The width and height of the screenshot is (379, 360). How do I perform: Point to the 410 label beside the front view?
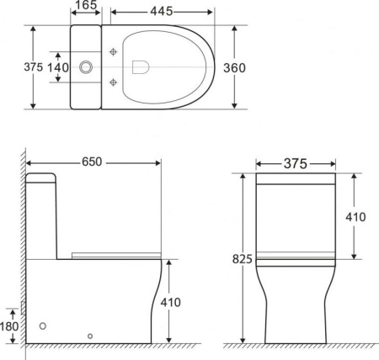tap(356, 217)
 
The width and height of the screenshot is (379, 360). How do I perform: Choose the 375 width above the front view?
tap(295, 163)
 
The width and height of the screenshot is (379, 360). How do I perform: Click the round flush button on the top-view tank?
tap(85, 66)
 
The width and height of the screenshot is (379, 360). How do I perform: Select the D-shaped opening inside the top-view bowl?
tap(141, 66)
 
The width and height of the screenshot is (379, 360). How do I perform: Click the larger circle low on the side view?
tap(44, 324)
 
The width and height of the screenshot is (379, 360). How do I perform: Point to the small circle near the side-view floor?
tap(90, 336)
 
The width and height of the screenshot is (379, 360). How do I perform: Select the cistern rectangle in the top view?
tap(84, 66)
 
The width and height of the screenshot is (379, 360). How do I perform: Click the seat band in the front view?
tap(296, 255)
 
